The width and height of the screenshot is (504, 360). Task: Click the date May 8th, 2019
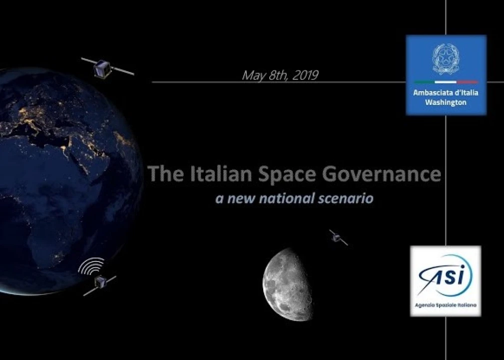coord(280,75)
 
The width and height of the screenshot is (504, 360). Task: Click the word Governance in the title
coord(382,173)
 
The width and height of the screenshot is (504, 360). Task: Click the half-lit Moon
coord(288,284)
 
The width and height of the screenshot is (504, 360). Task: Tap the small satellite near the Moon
coord(338,237)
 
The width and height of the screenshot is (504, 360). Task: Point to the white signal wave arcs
coord(91,266)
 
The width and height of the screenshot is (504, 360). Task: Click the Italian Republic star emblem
coord(446,58)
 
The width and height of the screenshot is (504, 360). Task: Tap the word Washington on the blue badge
coord(446,102)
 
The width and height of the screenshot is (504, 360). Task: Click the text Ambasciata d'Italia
coord(446,92)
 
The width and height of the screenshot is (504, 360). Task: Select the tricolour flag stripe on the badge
coord(446,82)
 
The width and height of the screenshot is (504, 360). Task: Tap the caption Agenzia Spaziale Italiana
coord(445,305)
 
